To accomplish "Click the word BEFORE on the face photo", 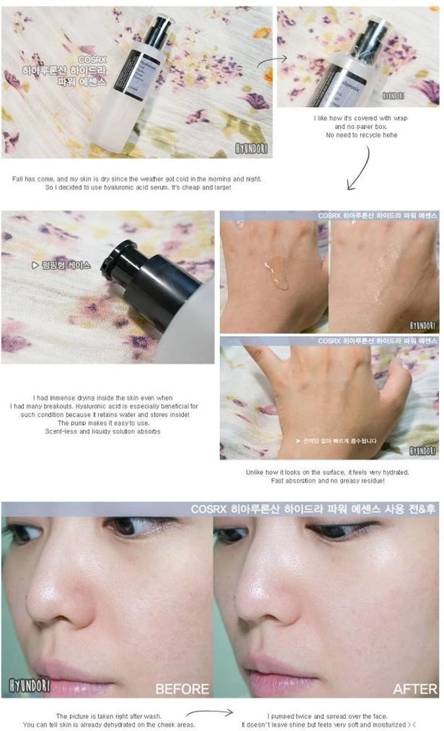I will coord(182,689).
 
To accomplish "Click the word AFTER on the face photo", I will coord(415,689).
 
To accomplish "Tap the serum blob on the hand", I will coord(276,274).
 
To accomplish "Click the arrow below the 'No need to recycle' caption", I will coord(362,165).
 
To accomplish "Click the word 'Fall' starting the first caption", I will coord(18,178).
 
